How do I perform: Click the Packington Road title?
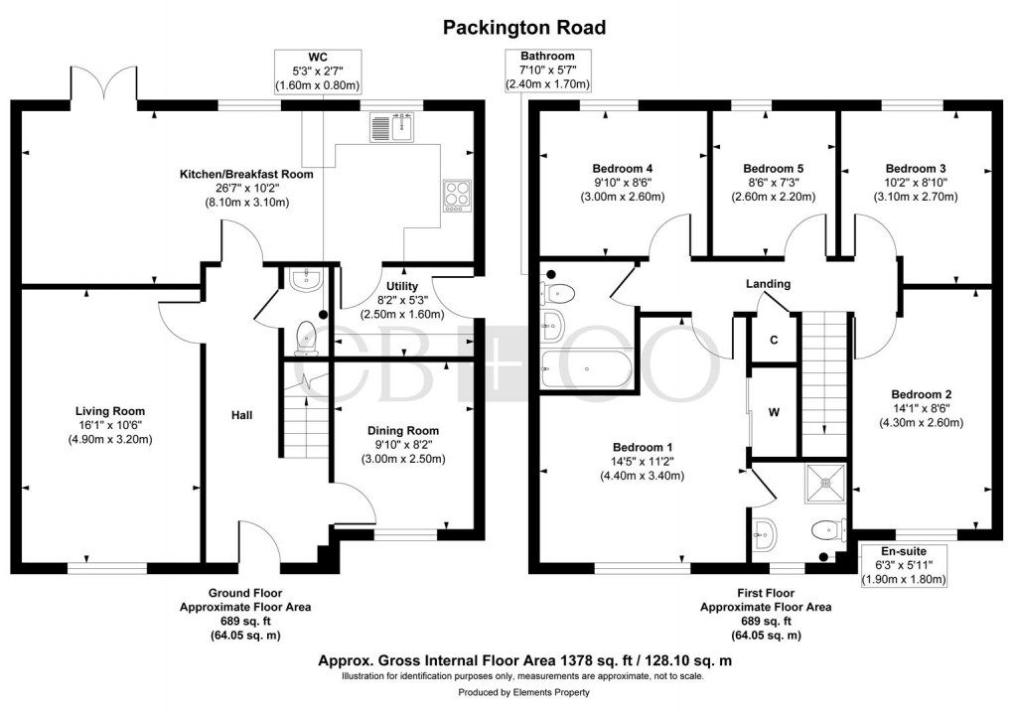click(x=523, y=27)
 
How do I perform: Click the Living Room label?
click(x=110, y=411)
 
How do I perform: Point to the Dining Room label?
click(x=402, y=431)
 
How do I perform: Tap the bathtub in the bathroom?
click(x=585, y=368)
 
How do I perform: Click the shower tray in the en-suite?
click(x=825, y=482)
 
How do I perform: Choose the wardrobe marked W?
click(x=775, y=412)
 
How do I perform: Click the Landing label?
click(x=768, y=284)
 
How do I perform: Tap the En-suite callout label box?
click(x=903, y=565)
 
